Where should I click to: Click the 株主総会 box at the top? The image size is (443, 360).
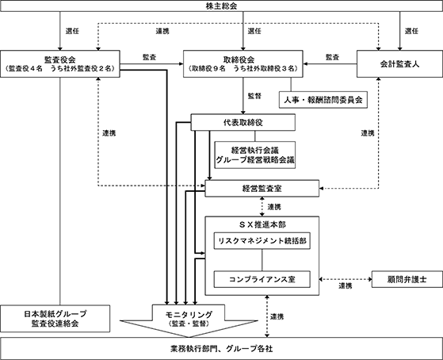click(222, 6)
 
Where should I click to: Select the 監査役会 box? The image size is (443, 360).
click(60, 64)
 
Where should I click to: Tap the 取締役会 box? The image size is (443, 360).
click(243, 64)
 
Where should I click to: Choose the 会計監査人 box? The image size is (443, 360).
click(399, 64)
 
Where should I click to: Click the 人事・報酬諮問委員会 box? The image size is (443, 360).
click(323, 100)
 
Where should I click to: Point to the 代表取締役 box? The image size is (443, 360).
click(243, 122)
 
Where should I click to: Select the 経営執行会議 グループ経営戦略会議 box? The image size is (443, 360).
click(255, 155)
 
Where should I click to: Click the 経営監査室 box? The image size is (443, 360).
click(262, 189)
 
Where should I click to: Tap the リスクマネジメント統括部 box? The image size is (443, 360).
click(262, 241)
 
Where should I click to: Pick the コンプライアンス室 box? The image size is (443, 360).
click(262, 279)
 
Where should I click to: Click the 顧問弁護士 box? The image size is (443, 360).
click(407, 279)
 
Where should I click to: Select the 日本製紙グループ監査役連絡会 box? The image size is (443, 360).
click(55, 319)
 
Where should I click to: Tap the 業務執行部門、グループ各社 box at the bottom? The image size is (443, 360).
click(222, 349)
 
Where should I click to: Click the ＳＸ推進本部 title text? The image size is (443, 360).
click(262, 225)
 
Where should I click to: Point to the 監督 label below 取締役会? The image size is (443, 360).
click(254, 96)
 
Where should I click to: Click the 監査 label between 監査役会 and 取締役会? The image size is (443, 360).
click(149, 57)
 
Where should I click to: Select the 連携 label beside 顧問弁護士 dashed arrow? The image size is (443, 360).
click(346, 286)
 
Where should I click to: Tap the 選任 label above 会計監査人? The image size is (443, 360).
click(411, 31)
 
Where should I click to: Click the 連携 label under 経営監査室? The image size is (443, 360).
click(274, 207)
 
